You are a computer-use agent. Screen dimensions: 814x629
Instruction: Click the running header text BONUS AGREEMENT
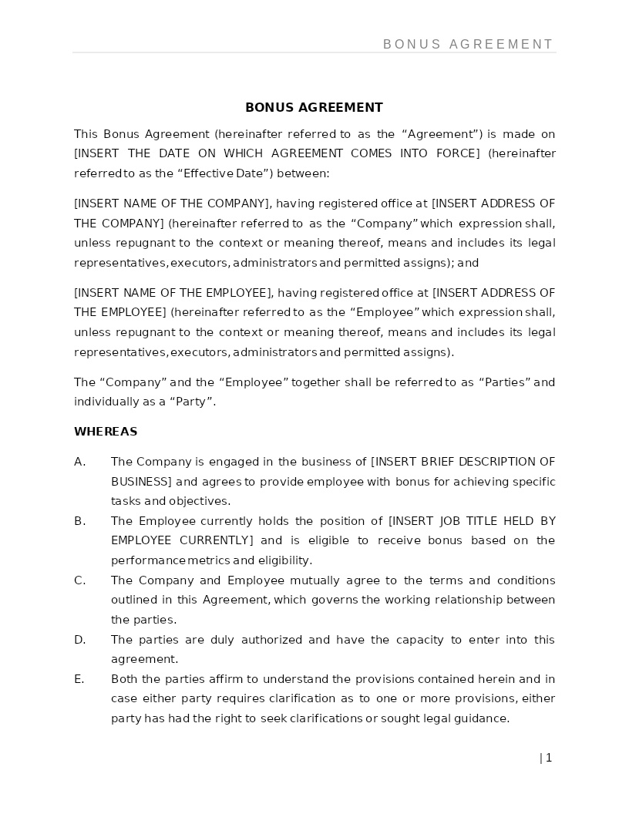(468, 45)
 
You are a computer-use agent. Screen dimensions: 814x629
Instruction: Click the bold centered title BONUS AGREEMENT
(314, 107)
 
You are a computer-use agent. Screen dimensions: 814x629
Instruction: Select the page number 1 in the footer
(549, 758)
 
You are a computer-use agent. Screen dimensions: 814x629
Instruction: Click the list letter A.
(79, 462)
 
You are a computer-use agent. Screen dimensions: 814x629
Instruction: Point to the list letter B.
(79, 521)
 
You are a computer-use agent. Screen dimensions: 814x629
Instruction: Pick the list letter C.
(79, 580)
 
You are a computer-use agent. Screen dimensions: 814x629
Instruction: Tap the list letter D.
(79, 640)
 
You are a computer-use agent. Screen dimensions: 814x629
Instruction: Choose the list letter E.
(79, 679)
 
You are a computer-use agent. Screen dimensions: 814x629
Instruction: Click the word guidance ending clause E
(482, 718)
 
